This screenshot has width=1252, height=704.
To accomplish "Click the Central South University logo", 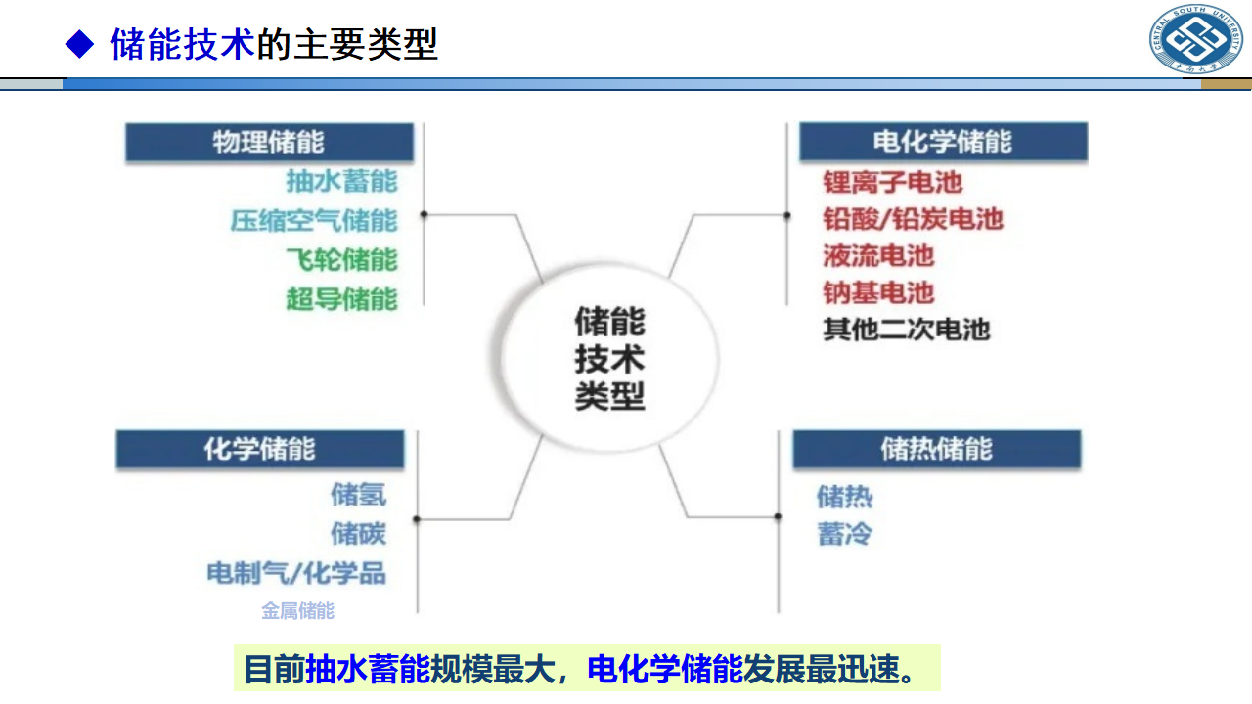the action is pyautogui.click(x=1195, y=38).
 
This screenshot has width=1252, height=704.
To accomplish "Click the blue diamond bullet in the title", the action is pyautogui.click(x=79, y=44).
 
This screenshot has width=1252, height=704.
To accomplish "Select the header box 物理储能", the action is pyautogui.click(x=269, y=142).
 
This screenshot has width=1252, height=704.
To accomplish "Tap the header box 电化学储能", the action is pyautogui.click(x=943, y=142).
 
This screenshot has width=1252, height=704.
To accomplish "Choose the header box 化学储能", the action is pyautogui.click(x=260, y=449).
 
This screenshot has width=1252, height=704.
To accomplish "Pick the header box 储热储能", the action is pyautogui.click(x=937, y=449).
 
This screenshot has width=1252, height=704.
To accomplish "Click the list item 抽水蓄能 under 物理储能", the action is pyautogui.click(x=342, y=182).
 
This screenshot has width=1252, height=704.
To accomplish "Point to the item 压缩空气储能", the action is pyautogui.click(x=314, y=221).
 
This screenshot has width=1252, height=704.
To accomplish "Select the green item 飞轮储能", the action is pyautogui.click(x=342, y=260).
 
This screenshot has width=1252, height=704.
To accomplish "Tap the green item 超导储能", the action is pyautogui.click(x=342, y=299).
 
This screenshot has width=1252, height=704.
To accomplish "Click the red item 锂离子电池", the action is pyautogui.click(x=893, y=182).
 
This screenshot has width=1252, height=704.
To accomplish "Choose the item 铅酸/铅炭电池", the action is pyautogui.click(x=914, y=219).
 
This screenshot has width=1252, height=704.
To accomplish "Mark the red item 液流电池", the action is pyautogui.click(x=878, y=256).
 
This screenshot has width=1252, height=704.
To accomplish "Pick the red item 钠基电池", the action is pyautogui.click(x=878, y=292).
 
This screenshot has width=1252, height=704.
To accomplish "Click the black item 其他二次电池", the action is pyautogui.click(x=907, y=330).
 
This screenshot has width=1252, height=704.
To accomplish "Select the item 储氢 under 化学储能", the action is pyautogui.click(x=358, y=495).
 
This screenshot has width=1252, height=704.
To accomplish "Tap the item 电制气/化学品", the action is pyautogui.click(x=296, y=573).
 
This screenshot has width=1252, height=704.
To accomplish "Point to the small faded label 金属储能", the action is pyautogui.click(x=298, y=611).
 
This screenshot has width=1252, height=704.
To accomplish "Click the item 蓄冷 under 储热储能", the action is pyautogui.click(x=844, y=534).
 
